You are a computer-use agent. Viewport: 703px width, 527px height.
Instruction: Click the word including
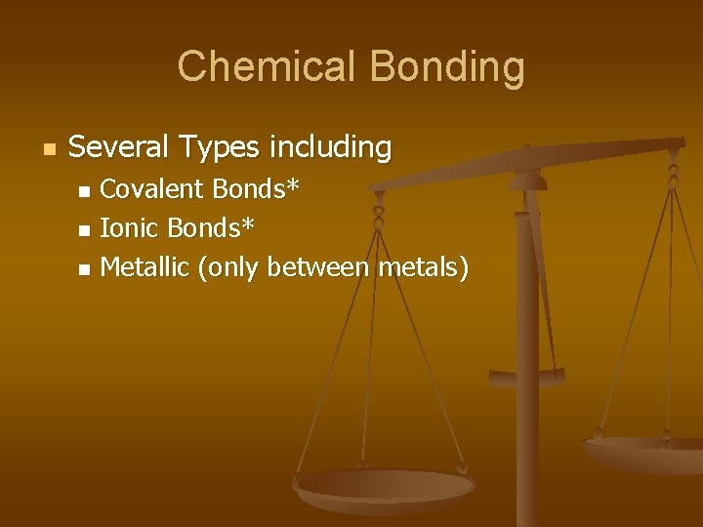tap(330, 148)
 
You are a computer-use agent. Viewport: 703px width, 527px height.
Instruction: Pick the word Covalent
tap(152, 188)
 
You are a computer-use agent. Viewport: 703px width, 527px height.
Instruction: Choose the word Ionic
tap(130, 228)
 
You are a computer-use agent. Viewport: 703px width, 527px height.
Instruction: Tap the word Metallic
tap(145, 267)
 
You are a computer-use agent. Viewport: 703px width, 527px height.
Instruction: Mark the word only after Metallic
tap(230, 267)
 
